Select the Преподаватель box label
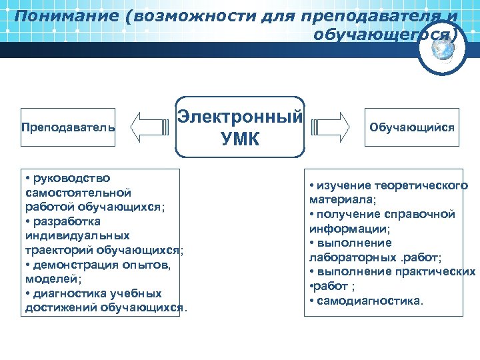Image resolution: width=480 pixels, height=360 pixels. tap(67, 127)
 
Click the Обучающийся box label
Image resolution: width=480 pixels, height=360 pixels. tap(412, 127)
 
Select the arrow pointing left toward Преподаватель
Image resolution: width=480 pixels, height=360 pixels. tap(149, 127)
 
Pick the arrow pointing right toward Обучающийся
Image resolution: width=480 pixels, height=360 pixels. tap(331, 127)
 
